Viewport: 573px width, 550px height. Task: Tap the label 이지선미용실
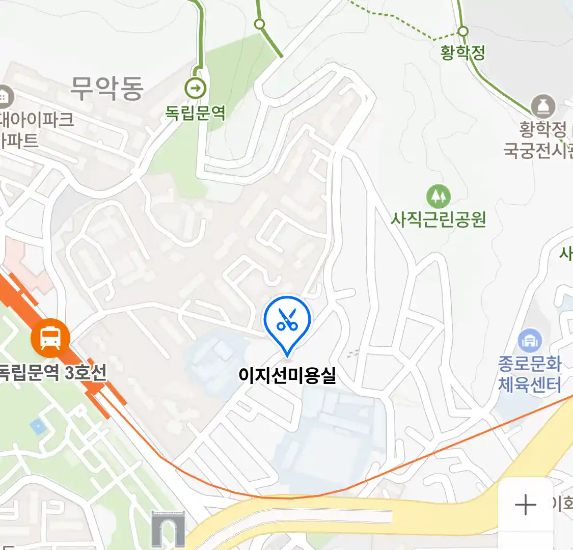pyautogui.click(x=287, y=376)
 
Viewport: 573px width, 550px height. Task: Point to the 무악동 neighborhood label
pyautogui.click(x=107, y=88)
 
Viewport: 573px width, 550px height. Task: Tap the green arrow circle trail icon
pyautogui.click(x=196, y=89)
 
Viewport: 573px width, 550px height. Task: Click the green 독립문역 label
pyautogui.click(x=196, y=113)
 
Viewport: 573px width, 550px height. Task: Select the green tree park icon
pyautogui.click(x=438, y=196)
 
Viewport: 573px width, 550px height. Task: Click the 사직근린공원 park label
pyautogui.click(x=438, y=219)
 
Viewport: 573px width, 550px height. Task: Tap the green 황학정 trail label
pyautogui.click(x=462, y=52)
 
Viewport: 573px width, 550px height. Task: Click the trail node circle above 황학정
pyautogui.click(x=462, y=32)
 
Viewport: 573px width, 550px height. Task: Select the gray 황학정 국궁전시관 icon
pyautogui.click(x=543, y=106)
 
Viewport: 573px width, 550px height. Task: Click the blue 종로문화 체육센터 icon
pyautogui.click(x=530, y=340)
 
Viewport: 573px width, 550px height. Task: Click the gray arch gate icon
pyautogui.click(x=168, y=530)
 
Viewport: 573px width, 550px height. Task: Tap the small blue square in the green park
pyautogui.click(x=38, y=426)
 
